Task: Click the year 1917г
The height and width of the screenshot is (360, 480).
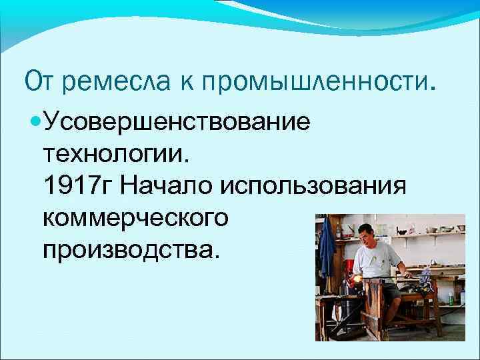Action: (x=78, y=185)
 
